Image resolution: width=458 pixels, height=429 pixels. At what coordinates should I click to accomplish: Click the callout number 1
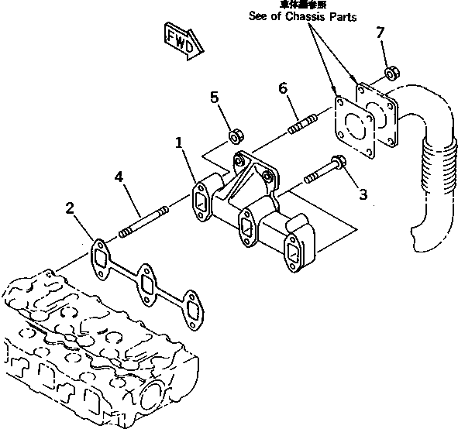coord(179,142)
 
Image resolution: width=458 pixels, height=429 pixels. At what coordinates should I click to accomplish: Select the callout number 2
coord(71,208)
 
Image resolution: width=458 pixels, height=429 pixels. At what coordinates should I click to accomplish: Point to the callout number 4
coord(118,178)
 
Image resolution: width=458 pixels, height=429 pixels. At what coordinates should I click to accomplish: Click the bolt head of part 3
coord(338,163)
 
